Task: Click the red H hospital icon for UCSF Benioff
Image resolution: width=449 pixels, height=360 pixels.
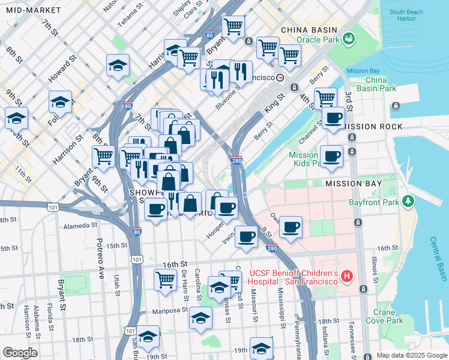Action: tap(346, 276)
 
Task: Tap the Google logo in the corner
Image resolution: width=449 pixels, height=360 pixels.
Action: tap(19, 353)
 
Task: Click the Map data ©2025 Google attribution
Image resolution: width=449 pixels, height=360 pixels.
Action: tap(411, 355)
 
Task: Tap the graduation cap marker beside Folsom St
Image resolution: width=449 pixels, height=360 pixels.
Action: tap(60, 103)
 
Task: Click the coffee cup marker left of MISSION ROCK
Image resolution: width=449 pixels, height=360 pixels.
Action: tap(333, 118)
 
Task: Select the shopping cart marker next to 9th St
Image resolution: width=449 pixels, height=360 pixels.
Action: tap(103, 157)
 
